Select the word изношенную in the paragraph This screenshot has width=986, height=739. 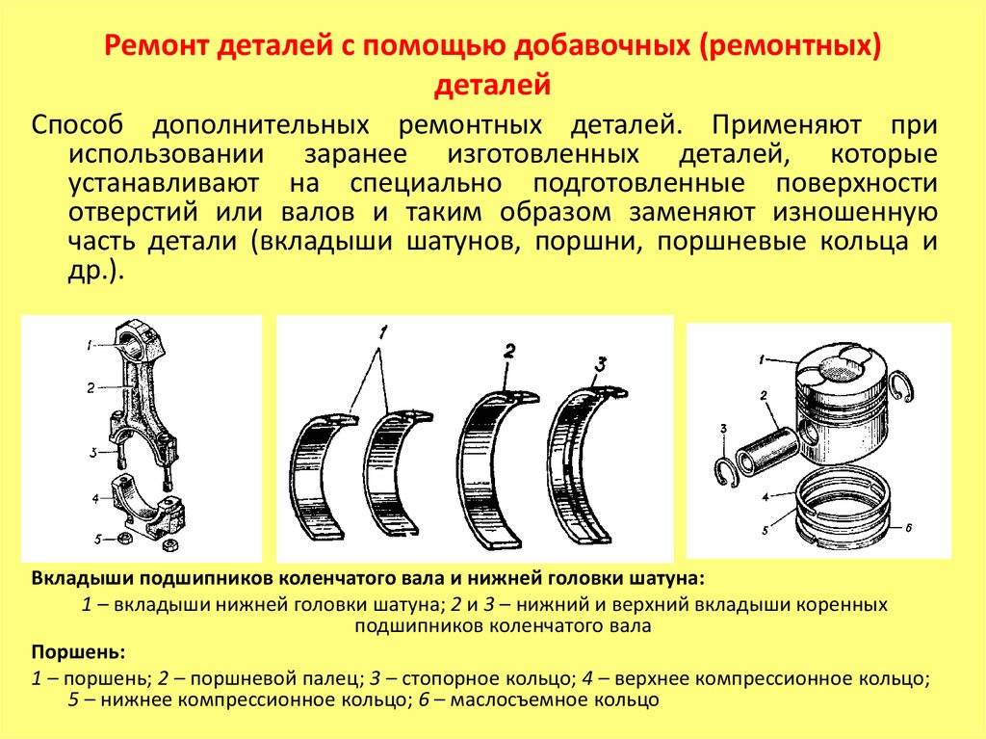(855, 212)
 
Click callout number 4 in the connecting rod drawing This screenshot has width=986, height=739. (95, 498)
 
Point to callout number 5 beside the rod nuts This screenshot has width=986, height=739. (97, 540)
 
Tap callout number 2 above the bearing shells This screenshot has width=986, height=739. (509, 351)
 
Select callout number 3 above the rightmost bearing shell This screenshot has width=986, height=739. (601, 364)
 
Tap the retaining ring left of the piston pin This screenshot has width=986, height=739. (726, 472)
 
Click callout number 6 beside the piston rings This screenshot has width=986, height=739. (909, 527)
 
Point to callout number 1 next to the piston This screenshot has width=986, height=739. (763, 360)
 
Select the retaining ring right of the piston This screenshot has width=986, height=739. (901, 385)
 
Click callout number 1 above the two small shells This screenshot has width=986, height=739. (383, 332)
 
